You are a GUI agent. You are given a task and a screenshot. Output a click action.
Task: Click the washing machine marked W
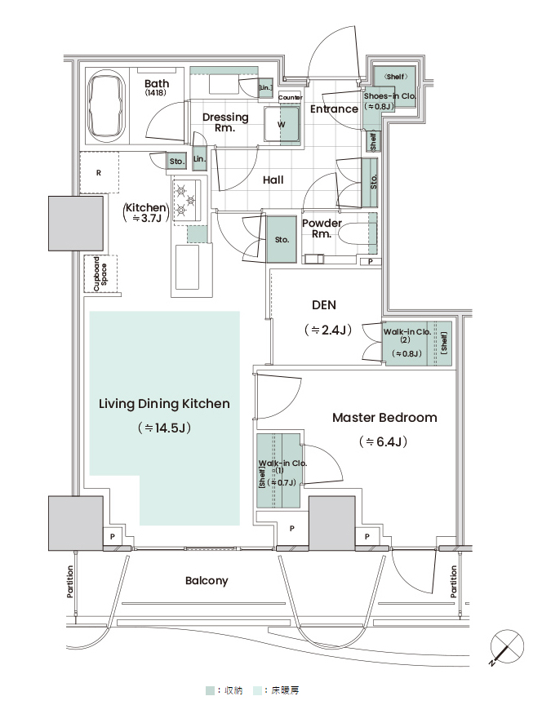click(x=282, y=125)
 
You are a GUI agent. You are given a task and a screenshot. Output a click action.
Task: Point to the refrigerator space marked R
click(x=100, y=172)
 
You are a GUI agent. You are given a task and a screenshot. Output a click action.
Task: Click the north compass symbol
click(x=506, y=647)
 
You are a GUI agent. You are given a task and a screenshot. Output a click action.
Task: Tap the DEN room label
click(x=324, y=305)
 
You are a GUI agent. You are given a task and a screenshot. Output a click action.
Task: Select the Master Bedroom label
click(x=384, y=418)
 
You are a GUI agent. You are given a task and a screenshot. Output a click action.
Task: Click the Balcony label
click(x=207, y=581)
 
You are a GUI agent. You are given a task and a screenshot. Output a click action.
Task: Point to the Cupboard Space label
click(x=100, y=273)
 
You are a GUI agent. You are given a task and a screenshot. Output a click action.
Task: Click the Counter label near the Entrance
click(x=290, y=97)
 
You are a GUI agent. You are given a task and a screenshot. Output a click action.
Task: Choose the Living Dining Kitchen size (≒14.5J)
click(x=164, y=428)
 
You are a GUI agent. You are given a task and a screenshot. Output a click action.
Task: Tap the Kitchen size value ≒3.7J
click(x=147, y=219)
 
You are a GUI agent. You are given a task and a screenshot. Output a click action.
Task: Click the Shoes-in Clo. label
click(x=389, y=96)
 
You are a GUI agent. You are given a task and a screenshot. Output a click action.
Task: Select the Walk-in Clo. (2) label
click(x=406, y=335)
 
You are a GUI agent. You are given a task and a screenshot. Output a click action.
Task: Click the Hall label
click(x=273, y=180)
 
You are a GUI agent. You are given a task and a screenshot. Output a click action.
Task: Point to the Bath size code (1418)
click(x=156, y=93)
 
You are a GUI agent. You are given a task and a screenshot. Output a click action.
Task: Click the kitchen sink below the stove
click(x=187, y=267)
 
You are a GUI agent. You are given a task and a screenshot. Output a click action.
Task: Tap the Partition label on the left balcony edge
click(x=69, y=582)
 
